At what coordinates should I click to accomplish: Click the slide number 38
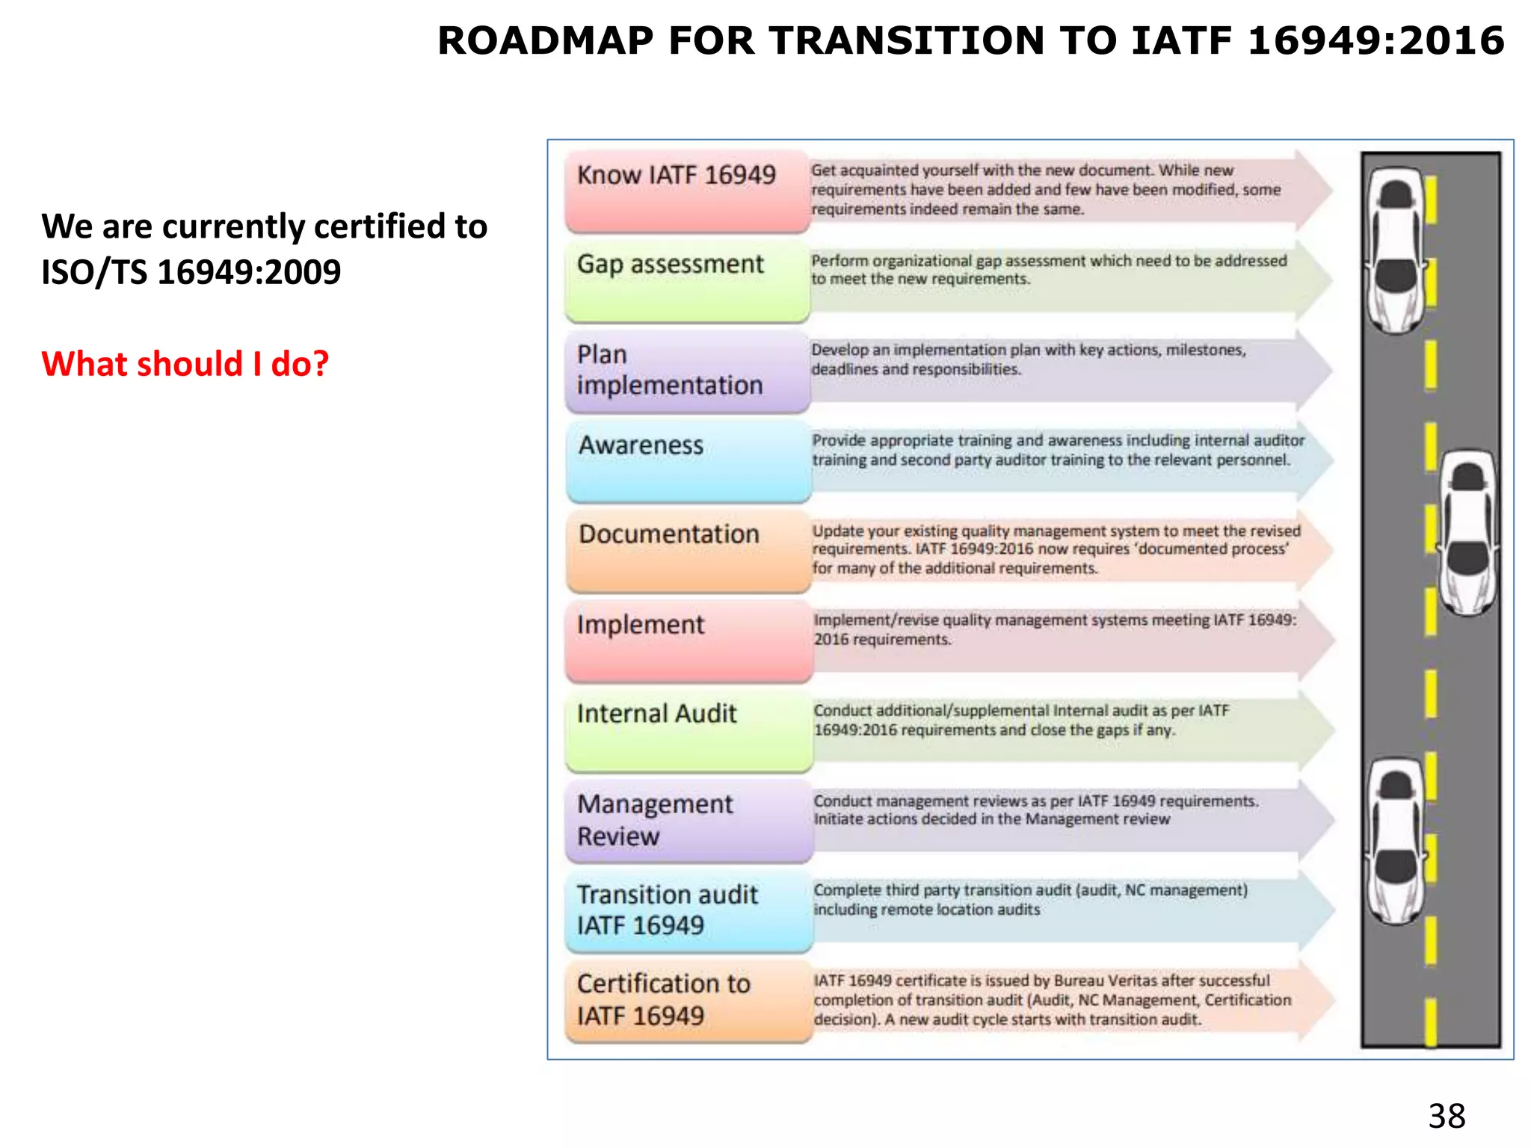[x=1447, y=1116]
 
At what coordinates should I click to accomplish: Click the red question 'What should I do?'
[x=185, y=364]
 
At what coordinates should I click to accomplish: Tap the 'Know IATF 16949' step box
[x=687, y=191]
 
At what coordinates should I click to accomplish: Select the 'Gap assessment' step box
[x=687, y=281]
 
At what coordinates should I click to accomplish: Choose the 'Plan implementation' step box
[x=687, y=371]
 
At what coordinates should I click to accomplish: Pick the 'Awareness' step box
[x=688, y=461]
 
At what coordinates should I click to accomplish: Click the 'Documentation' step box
[x=688, y=551]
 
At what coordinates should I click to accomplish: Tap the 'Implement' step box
[x=688, y=641]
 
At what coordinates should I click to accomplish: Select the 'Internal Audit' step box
[x=688, y=730]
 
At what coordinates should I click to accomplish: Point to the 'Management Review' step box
[x=688, y=821]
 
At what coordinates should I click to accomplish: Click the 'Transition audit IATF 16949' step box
[x=688, y=910]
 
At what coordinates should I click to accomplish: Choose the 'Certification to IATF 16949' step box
[x=688, y=1001]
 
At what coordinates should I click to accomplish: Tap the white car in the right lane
[x=1468, y=532]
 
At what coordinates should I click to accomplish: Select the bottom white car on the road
[x=1396, y=841]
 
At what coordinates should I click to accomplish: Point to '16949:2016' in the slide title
[x=1376, y=40]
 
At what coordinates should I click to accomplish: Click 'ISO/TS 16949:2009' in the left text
[x=191, y=272]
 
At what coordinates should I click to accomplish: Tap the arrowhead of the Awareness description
[x=1316, y=460]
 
